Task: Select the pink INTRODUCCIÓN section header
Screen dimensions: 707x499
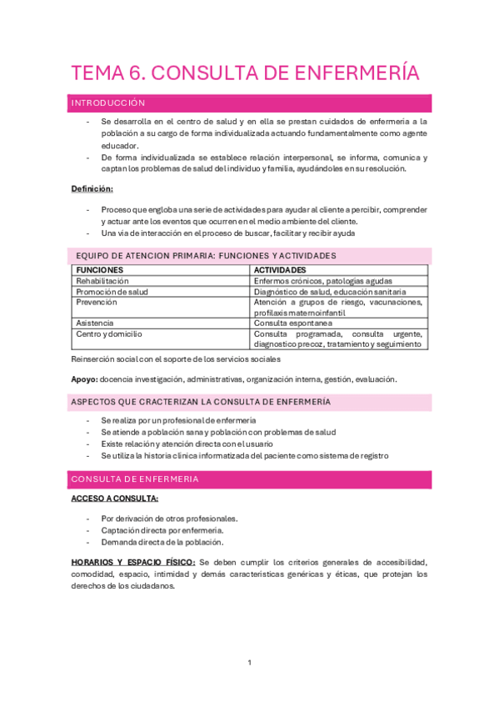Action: click(x=108, y=103)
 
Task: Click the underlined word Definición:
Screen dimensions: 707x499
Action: click(x=92, y=188)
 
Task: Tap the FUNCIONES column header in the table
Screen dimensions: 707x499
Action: click(x=100, y=270)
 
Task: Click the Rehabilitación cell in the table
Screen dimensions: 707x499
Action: click(x=102, y=281)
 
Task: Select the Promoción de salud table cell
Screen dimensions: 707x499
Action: click(x=112, y=292)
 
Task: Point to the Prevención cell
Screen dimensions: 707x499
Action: click(x=97, y=302)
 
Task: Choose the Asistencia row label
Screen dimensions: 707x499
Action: click(x=95, y=323)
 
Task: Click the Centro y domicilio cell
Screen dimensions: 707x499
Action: click(x=109, y=333)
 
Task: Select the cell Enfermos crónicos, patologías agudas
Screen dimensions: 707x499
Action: click(x=323, y=281)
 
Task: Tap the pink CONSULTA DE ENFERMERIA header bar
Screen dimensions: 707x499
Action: click(x=135, y=479)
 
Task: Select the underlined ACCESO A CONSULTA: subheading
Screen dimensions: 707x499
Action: click(x=115, y=499)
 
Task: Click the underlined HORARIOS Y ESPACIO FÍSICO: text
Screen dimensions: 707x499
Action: click(x=133, y=562)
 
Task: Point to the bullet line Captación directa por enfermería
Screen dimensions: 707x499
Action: click(x=162, y=530)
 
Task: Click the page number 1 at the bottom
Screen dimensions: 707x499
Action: click(x=249, y=662)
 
